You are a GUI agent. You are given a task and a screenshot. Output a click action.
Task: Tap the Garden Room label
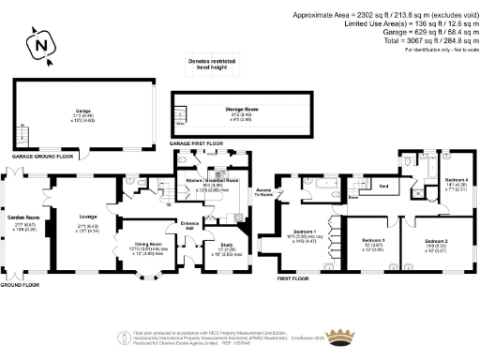22,217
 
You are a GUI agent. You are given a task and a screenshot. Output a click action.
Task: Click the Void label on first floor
383,186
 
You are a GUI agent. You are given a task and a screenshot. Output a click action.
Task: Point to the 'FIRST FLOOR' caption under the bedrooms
293,278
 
